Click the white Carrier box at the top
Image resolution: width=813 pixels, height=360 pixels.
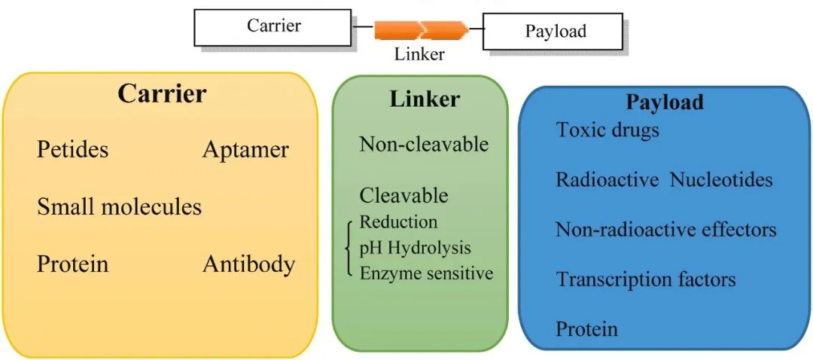273,27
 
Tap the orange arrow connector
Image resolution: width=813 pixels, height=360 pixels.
422,31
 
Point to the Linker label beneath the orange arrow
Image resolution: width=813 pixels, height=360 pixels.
419,54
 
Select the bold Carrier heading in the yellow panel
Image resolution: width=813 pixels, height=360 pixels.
162,94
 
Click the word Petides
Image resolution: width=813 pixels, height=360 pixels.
72,150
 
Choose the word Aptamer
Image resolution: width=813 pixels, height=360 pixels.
245,150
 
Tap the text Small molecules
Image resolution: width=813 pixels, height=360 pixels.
119,206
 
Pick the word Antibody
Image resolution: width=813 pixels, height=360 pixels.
248,264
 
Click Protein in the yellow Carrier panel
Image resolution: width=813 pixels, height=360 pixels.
72,264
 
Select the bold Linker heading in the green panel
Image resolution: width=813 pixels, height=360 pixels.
425,99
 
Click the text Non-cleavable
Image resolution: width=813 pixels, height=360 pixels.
424,144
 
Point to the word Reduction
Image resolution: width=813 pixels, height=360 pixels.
398,222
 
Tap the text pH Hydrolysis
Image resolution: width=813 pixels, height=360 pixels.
415,248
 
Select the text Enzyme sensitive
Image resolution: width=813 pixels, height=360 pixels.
426,273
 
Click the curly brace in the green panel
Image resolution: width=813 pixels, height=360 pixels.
350,248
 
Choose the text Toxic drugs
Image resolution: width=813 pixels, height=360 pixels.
607,130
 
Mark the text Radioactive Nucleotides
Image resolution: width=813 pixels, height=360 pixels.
664,179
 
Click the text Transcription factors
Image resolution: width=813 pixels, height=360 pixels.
646,280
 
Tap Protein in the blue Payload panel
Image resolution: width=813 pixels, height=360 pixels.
587,329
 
